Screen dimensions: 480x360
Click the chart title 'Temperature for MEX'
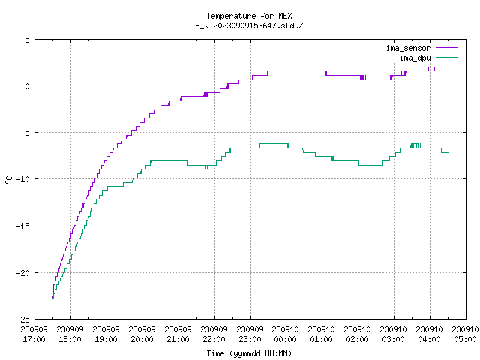249,16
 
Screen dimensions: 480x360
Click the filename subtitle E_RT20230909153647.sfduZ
249,25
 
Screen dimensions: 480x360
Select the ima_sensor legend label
408,48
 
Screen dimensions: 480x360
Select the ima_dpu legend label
415,58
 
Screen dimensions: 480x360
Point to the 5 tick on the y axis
27,40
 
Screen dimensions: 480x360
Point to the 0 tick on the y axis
27,86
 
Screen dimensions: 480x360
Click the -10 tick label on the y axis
23,179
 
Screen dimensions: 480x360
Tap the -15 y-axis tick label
23,226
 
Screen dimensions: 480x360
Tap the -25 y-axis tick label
23,319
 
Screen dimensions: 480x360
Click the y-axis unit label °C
8,180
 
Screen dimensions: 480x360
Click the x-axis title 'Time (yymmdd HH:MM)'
249,353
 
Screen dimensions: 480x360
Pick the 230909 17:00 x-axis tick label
34,334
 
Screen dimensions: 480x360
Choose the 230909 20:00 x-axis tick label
142,334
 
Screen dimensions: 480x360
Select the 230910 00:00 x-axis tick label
286,334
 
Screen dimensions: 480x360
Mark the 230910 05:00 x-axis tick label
465,334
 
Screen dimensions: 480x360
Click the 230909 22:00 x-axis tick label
214,334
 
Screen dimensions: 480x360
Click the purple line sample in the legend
446,48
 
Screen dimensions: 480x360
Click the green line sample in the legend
446,57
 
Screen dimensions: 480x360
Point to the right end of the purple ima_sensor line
448,70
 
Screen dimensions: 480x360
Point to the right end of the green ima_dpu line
448,152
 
